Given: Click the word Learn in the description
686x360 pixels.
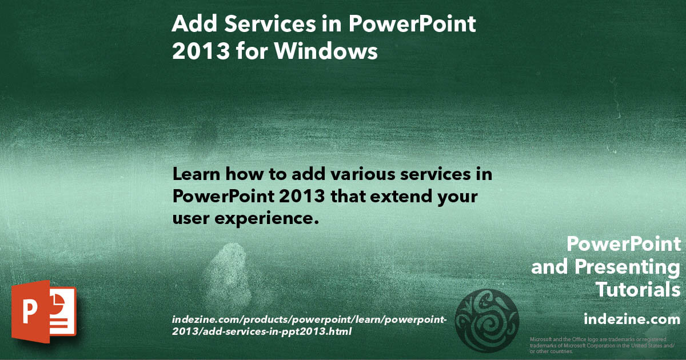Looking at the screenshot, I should pos(196,174).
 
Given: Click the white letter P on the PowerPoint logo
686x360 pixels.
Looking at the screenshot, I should pos(30,312).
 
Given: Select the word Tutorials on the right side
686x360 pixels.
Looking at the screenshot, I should pos(638,290).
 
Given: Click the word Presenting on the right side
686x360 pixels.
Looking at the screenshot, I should pos(627,267).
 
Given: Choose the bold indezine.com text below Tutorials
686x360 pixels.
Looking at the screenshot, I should pos(632,318).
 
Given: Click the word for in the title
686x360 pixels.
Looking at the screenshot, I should pos(248,51).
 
